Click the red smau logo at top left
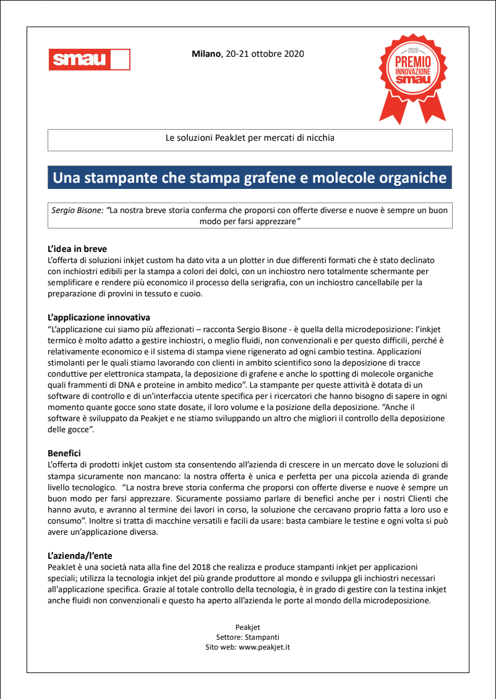click(x=89, y=59)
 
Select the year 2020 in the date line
click(x=294, y=54)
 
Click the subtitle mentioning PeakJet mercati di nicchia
click(x=250, y=138)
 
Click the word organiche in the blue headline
click(x=411, y=178)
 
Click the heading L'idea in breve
click(x=77, y=249)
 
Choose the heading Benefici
click(x=64, y=453)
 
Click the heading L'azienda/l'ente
click(x=80, y=555)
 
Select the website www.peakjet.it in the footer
click(x=264, y=647)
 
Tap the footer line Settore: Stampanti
click(x=248, y=637)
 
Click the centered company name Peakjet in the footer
click(x=248, y=627)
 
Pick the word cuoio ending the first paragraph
click(x=189, y=294)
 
